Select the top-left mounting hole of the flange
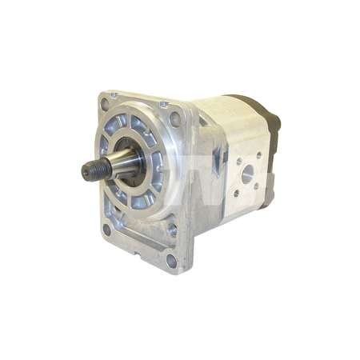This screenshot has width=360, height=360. coord(105,104)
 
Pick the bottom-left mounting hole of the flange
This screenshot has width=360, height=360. coord(106,230)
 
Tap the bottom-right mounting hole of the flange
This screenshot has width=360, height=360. coord(171,260)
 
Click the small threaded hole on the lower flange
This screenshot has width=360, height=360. coord(172,230)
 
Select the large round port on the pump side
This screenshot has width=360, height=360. coord(246,171)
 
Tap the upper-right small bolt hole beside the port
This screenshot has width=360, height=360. coord(258,155)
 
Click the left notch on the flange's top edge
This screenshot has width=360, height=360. coord(114,95)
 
